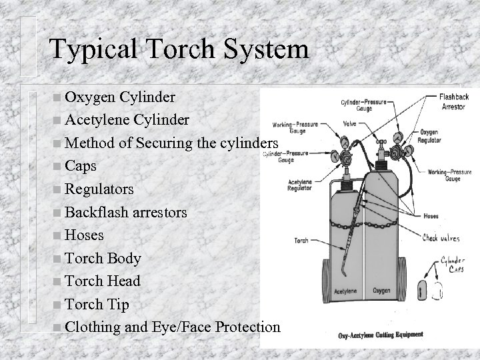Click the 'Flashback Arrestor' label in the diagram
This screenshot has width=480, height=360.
(454, 101)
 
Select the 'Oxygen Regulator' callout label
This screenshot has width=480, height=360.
(434, 136)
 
